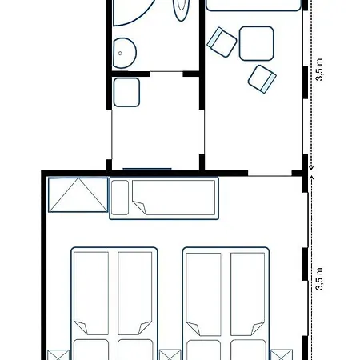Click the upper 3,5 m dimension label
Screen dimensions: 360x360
click(319, 70)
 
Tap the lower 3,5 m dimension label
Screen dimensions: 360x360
click(319, 278)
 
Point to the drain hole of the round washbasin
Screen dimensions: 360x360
click(120, 54)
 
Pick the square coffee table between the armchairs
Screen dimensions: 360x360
click(257, 43)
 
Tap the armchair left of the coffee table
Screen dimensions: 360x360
click(222, 42)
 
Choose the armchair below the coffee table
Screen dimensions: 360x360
click(262, 79)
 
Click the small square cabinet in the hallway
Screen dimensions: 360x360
click(126, 92)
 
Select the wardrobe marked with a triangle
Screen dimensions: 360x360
click(78, 194)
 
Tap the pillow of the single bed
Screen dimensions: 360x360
click(120, 198)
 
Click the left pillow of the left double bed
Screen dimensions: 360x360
click(91, 350)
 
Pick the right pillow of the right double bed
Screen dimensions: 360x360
click(248, 350)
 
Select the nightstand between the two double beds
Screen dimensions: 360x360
click(170, 355)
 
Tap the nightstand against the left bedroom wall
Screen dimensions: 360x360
click(58, 355)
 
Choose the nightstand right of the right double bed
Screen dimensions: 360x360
click(282, 355)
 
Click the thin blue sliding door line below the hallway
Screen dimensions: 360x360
click(147, 169)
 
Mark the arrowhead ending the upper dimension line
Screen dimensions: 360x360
click(311, 168)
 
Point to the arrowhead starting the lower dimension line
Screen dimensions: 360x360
click(311, 178)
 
